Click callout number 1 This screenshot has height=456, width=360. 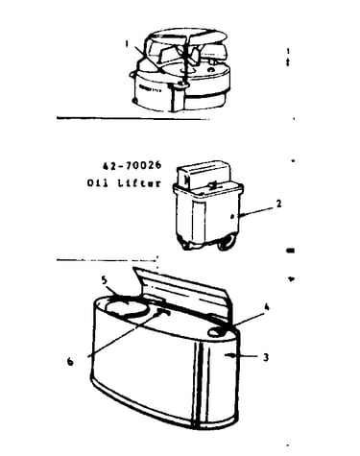coord(127,44)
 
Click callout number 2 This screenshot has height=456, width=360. coord(279,204)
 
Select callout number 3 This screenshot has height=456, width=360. coord(266,357)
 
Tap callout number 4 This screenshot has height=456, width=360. coord(266,307)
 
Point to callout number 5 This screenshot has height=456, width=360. coord(104,280)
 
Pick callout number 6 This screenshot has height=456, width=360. coord(70,361)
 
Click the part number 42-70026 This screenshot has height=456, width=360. coord(132,166)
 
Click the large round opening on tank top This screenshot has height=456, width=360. coord(128,306)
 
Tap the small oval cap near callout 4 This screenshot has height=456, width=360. coord(217,332)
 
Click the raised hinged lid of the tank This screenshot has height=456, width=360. coord(182,290)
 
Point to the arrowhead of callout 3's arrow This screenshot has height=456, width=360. coord(228,355)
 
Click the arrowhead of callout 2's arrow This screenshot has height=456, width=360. coord(242,215)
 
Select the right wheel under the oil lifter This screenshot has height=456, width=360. coord(226,244)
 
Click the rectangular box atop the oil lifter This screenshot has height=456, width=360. coord(204,175)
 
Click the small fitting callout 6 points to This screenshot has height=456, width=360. coord(163,312)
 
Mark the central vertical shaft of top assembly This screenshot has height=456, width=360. coord(185,60)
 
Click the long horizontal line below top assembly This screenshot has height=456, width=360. coord(132,118)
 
